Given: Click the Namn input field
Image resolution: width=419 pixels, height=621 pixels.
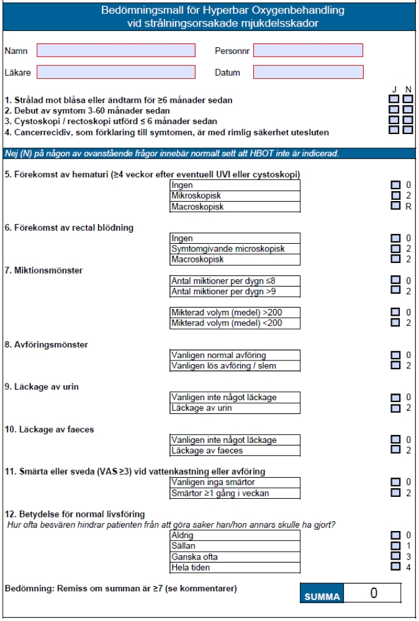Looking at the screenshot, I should [116, 50].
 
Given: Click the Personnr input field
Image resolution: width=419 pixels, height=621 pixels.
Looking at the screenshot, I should [308, 50].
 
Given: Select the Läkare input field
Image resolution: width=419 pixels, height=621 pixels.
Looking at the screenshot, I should [116, 72].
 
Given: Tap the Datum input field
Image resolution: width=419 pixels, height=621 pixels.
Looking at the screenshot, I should [308, 72].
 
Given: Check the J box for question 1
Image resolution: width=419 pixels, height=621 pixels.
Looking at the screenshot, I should [394, 99].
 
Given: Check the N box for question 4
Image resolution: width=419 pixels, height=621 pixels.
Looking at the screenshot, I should [408, 130].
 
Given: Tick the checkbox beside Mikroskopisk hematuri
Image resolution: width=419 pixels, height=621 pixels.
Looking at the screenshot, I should [395, 195].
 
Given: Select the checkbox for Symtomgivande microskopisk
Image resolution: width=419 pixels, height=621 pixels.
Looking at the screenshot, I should [395, 249].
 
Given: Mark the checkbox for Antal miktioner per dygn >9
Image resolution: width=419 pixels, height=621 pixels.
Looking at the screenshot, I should [395, 291].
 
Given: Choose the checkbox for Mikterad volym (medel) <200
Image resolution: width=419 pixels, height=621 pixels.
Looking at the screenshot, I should [395, 323].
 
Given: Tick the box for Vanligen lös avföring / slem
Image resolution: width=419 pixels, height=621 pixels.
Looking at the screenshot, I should [395, 365].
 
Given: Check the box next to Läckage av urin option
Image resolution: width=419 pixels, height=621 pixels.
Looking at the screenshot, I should [395, 408].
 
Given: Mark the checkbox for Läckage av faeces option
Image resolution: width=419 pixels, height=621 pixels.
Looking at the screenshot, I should [395, 450].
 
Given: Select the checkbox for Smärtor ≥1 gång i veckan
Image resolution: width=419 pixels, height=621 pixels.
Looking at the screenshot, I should [395, 493].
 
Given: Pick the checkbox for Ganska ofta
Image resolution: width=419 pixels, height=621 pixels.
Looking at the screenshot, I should [395, 556].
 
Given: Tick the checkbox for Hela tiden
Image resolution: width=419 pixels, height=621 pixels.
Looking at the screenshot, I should [395, 566].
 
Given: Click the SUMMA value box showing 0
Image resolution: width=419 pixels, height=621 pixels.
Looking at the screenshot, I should [373, 593].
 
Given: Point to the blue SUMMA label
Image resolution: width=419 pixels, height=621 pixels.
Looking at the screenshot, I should [322, 596].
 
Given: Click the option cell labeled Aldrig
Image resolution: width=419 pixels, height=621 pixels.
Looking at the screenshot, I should [235, 535].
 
